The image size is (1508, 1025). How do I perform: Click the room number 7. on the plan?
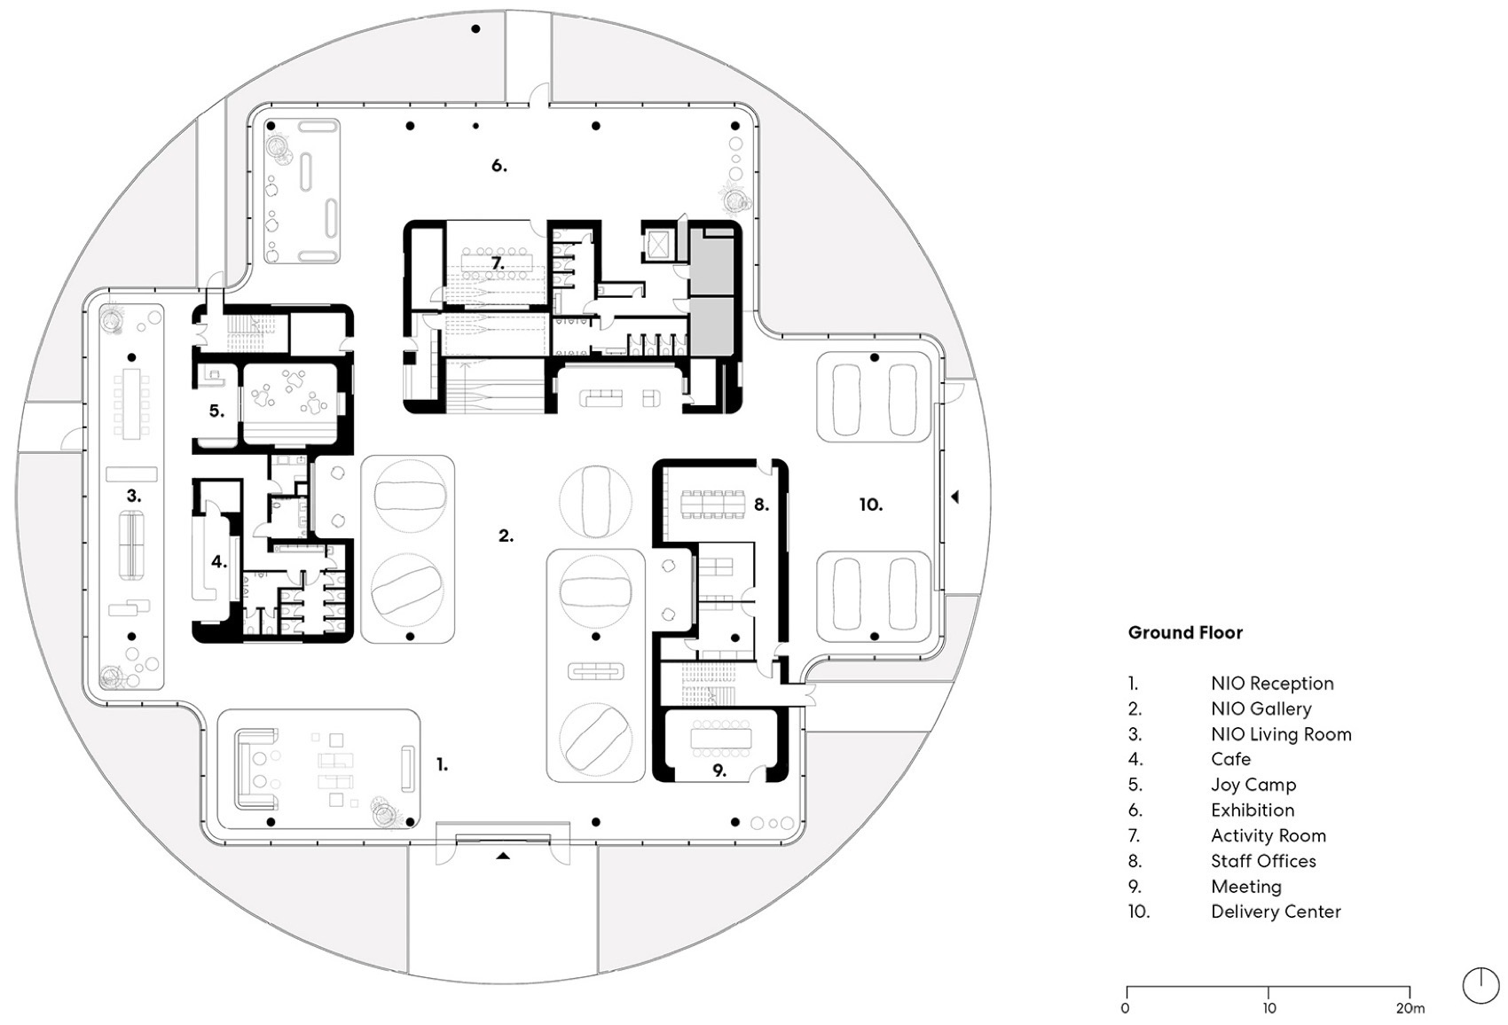[x=498, y=263]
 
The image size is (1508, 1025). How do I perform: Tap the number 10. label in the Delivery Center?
[x=870, y=505]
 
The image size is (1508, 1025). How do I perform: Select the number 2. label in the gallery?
[x=506, y=536]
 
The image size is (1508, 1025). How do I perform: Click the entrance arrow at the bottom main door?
[x=503, y=856]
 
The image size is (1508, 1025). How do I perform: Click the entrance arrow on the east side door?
[x=954, y=497]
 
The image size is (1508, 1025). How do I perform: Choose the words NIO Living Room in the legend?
[x=1281, y=734]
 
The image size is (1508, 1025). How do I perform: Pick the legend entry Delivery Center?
[x=1276, y=912]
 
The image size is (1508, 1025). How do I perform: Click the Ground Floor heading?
[x=1185, y=632]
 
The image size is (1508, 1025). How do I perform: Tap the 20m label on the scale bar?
[x=1410, y=1008]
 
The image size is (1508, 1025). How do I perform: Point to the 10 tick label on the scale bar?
[x=1268, y=1008]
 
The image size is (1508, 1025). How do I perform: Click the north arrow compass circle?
[x=1480, y=985]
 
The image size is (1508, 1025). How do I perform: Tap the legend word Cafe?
[x=1230, y=759]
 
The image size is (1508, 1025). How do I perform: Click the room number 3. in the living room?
[x=133, y=497]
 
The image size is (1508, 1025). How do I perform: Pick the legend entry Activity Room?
[x=1268, y=835]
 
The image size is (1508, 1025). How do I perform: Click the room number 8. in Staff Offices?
[x=761, y=505]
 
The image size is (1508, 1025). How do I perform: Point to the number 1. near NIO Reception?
[x=442, y=764]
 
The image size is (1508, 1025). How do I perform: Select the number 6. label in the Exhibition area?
[x=499, y=166]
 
